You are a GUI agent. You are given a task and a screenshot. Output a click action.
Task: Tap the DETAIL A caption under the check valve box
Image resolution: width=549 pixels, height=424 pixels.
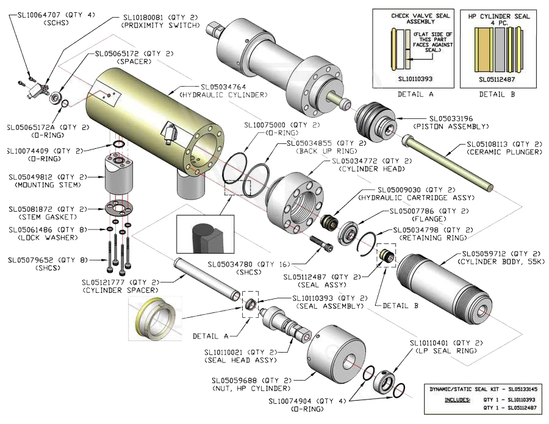pos(415,95)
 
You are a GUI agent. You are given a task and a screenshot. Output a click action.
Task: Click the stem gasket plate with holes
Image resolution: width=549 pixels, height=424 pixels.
pos(119,207)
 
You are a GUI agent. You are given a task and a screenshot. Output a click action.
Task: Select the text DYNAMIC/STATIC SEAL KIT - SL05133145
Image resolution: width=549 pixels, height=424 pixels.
pos(482,389)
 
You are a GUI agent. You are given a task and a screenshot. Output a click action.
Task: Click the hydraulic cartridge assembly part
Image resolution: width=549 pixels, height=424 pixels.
pos(332,223)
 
